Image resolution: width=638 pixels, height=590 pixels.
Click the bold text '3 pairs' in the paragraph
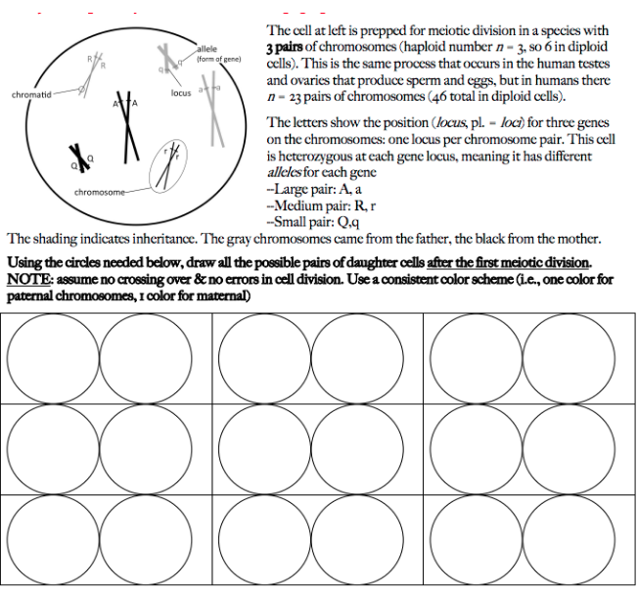pos(291,49)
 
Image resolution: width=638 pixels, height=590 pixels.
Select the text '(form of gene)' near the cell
pos(218,59)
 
